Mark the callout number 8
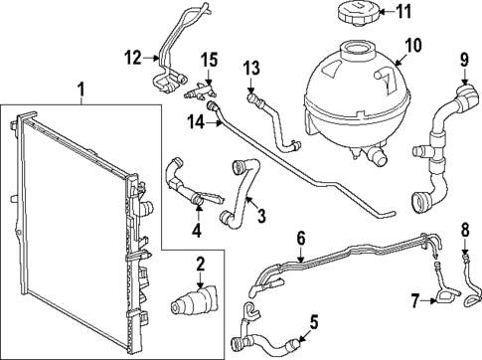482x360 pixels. (x=463, y=232)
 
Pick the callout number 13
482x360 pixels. (x=252, y=67)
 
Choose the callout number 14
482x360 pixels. (x=198, y=120)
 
